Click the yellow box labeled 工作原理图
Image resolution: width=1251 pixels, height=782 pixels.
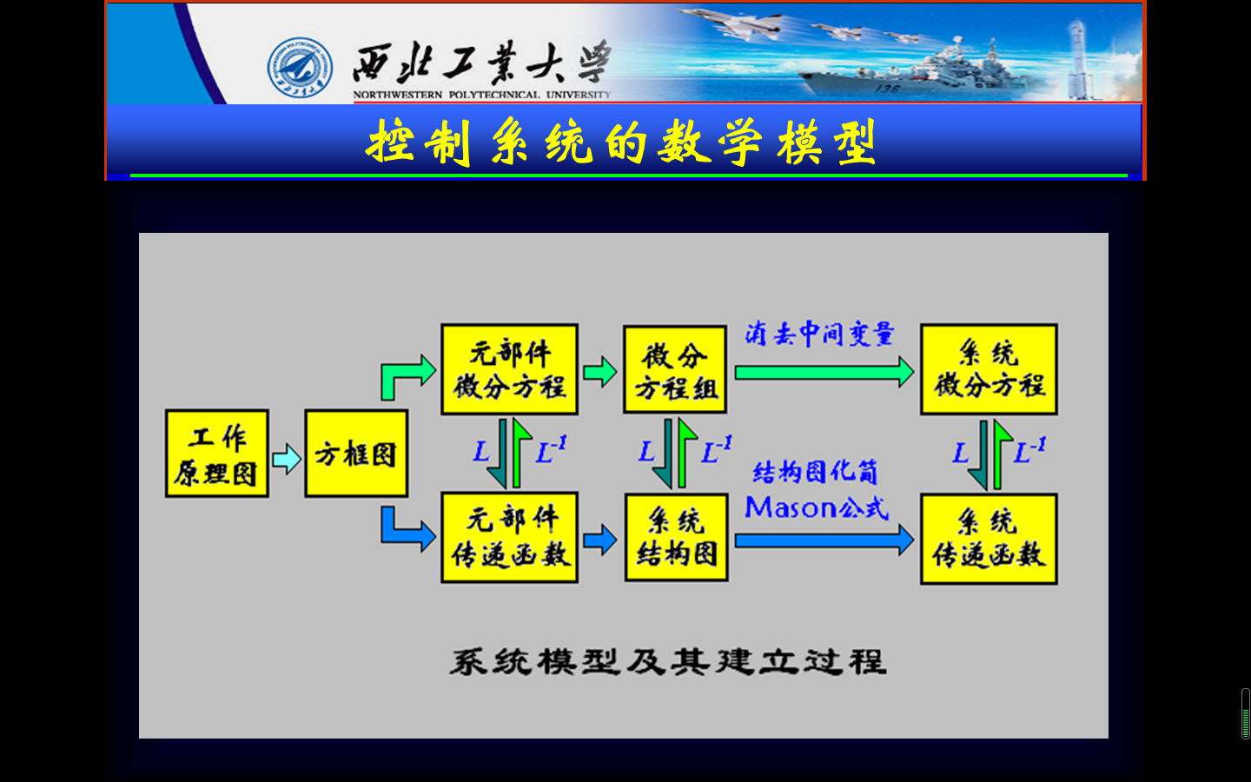click(x=216, y=454)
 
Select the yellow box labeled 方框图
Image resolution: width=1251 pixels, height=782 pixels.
click(x=356, y=454)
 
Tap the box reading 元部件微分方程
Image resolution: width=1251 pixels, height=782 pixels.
click(x=509, y=369)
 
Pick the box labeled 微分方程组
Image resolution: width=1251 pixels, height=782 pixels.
click(x=675, y=370)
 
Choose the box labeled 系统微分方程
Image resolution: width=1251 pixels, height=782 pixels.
click(x=989, y=369)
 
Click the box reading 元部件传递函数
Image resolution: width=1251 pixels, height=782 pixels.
click(x=509, y=537)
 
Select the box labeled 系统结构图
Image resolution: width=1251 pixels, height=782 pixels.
click(x=676, y=538)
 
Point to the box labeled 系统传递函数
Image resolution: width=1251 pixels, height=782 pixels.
click(x=989, y=539)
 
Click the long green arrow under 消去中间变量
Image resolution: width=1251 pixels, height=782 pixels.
click(x=823, y=373)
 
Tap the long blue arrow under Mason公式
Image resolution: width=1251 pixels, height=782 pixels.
click(x=823, y=540)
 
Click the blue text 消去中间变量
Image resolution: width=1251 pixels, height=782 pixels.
click(x=819, y=334)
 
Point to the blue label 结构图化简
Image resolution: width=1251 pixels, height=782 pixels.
click(x=815, y=472)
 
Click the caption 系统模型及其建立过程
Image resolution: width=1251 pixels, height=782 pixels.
click(x=667, y=662)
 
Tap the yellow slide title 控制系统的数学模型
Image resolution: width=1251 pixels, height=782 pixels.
click(x=622, y=142)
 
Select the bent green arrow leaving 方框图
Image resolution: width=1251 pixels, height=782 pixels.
click(x=404, y=375)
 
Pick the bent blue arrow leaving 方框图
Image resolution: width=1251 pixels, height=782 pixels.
click(x=404, y=528)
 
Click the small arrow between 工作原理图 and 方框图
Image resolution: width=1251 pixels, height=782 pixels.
click(x=287, y=458)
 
